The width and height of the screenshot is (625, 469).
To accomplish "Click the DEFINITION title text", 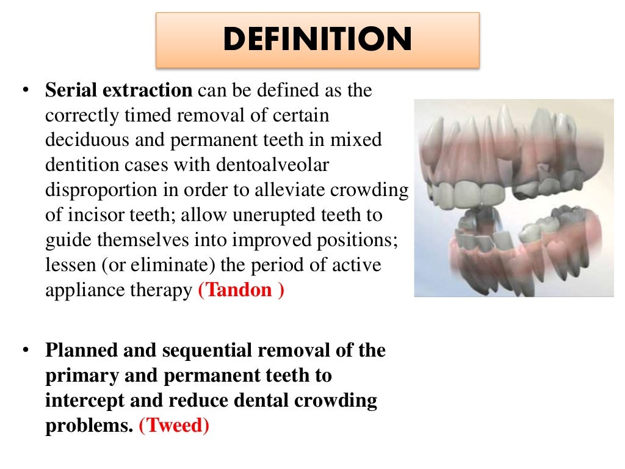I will point(317,40).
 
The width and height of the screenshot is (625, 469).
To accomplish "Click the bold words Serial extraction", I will point(119,91).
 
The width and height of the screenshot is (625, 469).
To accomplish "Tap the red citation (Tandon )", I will point(241,290).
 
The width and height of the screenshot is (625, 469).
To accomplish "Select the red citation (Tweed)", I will point(174,425).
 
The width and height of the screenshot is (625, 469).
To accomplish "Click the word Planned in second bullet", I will point(82,351).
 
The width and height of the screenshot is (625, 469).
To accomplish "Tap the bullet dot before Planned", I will point(25,351).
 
